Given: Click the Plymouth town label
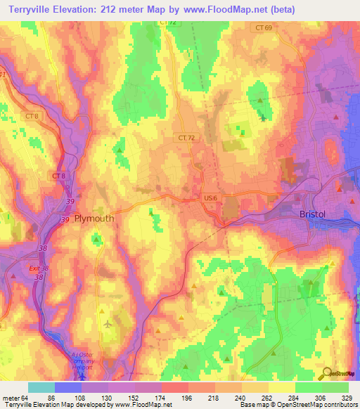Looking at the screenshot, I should (x=94, y=219).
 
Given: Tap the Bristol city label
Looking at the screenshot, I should (x=314, y=214).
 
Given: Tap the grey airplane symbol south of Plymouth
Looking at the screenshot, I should (x=107, y=323).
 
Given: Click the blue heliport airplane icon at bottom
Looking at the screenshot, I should (x=83, y=374).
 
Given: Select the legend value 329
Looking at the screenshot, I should (x=348, y=397).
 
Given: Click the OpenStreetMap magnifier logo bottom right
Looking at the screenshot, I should (x=327, y=372).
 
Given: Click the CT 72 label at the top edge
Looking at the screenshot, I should (x=167, y=23).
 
